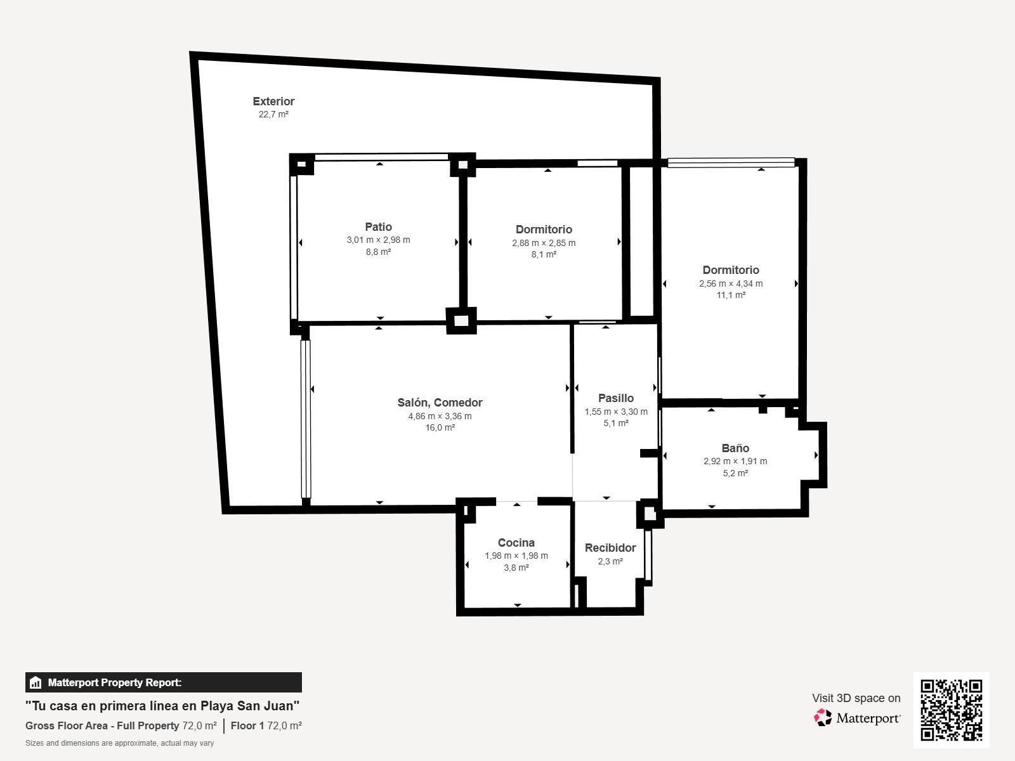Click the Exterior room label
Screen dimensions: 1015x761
pyautogui.click(x=273, y=101)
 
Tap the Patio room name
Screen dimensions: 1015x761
pyautogui.click(x=378, y=227)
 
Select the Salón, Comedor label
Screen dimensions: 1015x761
pyautogui.click(x=440, y=403)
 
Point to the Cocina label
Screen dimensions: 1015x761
pyautogui.click(x=516, y=542)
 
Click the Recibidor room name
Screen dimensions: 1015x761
pyautogui.click(x=610, y=547)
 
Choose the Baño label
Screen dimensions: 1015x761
pyautogui.click(x=735, y=448)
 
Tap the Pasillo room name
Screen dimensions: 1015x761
pyautogui.click(x=616, y=398)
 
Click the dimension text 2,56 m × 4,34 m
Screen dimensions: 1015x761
pyautogui.click(x=731, y=283)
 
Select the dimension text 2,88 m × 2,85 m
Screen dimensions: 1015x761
pyautogui.click(x=544, y=243)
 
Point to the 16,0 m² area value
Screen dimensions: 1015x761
pyautogui.click(x=440, y=427)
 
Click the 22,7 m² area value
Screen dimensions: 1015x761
pyautogui.click(x=273, y=114)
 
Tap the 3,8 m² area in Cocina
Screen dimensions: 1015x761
pyautogui.click(x=516, y=568)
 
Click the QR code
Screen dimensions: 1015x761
pyautogui.click(x=951, y=710)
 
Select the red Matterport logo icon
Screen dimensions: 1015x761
pyautogui.click(x=822, y=718)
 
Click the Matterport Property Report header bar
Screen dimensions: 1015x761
pyautogui.click(x=163, y=682)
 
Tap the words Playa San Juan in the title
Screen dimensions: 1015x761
pyautogui.click(x=250, y=706)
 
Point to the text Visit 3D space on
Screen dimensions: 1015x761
pyautogui.click(x=856, y=698)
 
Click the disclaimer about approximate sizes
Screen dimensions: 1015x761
pyautogui.click(x=119, y=743)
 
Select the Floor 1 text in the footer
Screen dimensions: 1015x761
pyautogui.click(x=247, y=725)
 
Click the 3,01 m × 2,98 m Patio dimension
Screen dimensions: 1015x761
pyautogui.click(x=378, y=240)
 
